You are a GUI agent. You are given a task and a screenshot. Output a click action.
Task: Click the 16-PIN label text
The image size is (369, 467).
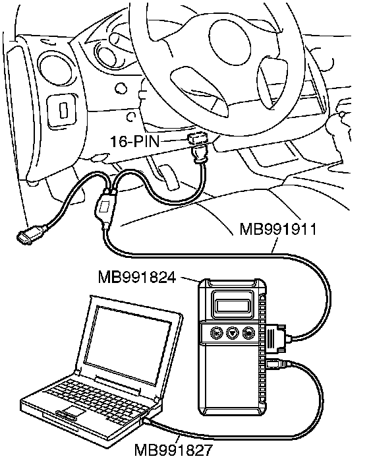pyautogui.click(x=135, y=141)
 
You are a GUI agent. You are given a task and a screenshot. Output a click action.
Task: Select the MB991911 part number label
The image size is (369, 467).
pyautogui.click(x=278, y=230)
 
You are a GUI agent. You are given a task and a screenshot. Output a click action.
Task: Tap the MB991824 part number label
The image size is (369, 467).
pyautogui.click(x=137, y=278)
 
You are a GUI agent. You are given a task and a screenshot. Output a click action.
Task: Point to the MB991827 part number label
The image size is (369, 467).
pyautogui.click(x=173, y=450)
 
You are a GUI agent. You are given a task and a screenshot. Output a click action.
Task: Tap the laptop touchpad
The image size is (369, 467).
pyautogui.click(x=71, y=410)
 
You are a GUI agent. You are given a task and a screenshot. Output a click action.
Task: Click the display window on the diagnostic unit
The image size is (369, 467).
pyautogui.click(x=233, y=305)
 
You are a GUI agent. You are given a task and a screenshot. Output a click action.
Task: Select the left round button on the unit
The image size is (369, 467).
pyautogui.click(x=215, y=332)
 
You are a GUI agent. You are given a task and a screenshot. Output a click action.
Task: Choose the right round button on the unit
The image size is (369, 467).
pyautogui.click(x=248, y=332)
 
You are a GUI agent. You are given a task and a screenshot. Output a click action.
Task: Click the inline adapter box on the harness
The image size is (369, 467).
pyautogui.click(x=105, y=208)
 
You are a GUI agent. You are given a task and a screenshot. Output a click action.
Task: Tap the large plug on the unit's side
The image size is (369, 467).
pyautogui.click(x=276, y=336)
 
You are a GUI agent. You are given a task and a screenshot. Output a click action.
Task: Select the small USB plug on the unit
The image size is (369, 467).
pyautogui.click(x=276, y=364)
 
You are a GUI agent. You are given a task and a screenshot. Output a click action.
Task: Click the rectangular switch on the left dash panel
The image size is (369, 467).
pyautogui.click(x=62, y=110)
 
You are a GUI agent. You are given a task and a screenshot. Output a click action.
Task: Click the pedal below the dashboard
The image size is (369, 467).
pyautogui.click(x=168, y=177)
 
